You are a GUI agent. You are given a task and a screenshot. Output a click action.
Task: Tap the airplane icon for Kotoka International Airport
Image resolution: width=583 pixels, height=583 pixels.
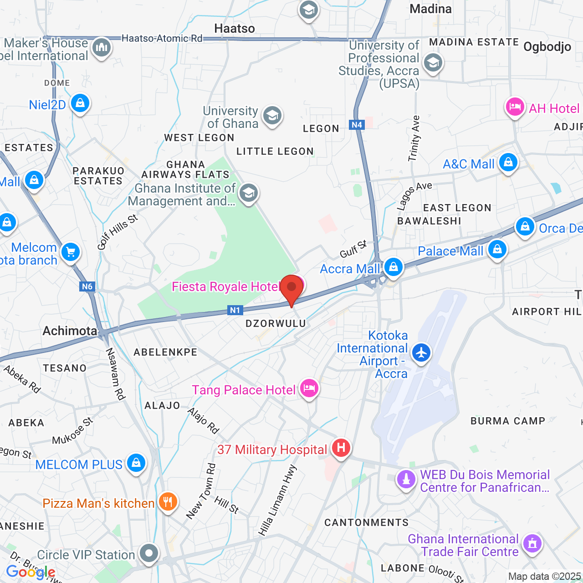point(421,353)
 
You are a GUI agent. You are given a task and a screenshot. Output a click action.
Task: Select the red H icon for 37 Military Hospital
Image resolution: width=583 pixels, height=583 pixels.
point(341,448)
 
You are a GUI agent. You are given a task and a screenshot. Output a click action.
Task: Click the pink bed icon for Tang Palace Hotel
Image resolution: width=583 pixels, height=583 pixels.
point(309,389)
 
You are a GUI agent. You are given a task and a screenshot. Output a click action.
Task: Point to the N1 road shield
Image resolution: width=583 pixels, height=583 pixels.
point(235,310)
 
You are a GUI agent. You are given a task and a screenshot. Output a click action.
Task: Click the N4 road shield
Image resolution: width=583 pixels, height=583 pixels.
point(357,124)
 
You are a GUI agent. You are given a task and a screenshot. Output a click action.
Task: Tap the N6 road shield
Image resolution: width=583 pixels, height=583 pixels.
point(87,286)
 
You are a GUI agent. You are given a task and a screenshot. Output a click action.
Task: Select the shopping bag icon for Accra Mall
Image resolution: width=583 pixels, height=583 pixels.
point(393,267)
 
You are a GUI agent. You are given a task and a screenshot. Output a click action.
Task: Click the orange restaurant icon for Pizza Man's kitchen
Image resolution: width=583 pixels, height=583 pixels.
point(168,501)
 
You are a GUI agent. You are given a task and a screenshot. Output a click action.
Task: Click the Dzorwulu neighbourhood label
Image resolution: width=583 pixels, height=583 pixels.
point(276,323)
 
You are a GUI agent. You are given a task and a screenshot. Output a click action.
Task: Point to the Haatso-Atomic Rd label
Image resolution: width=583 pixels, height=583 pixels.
point(162,38)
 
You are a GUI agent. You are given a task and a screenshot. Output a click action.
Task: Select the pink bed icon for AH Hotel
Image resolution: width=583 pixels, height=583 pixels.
point(515,107)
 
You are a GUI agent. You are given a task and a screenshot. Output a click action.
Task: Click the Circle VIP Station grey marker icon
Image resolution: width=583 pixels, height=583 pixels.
point(149,553)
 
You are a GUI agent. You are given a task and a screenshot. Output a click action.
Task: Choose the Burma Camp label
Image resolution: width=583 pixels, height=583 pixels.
point(508,421)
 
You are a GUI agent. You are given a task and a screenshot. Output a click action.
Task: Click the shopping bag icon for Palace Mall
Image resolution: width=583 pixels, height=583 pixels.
point(497,249)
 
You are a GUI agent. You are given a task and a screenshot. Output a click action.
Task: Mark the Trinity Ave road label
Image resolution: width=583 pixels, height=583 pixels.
point(414,138)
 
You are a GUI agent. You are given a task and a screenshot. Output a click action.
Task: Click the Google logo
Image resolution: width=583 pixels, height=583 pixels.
point(31,572)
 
